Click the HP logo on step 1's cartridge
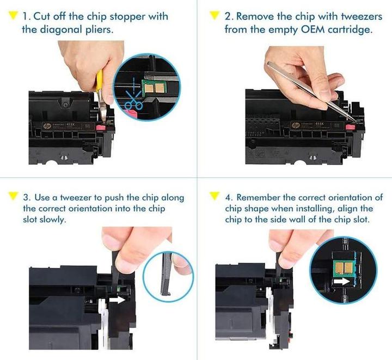(x=52, y=126)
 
